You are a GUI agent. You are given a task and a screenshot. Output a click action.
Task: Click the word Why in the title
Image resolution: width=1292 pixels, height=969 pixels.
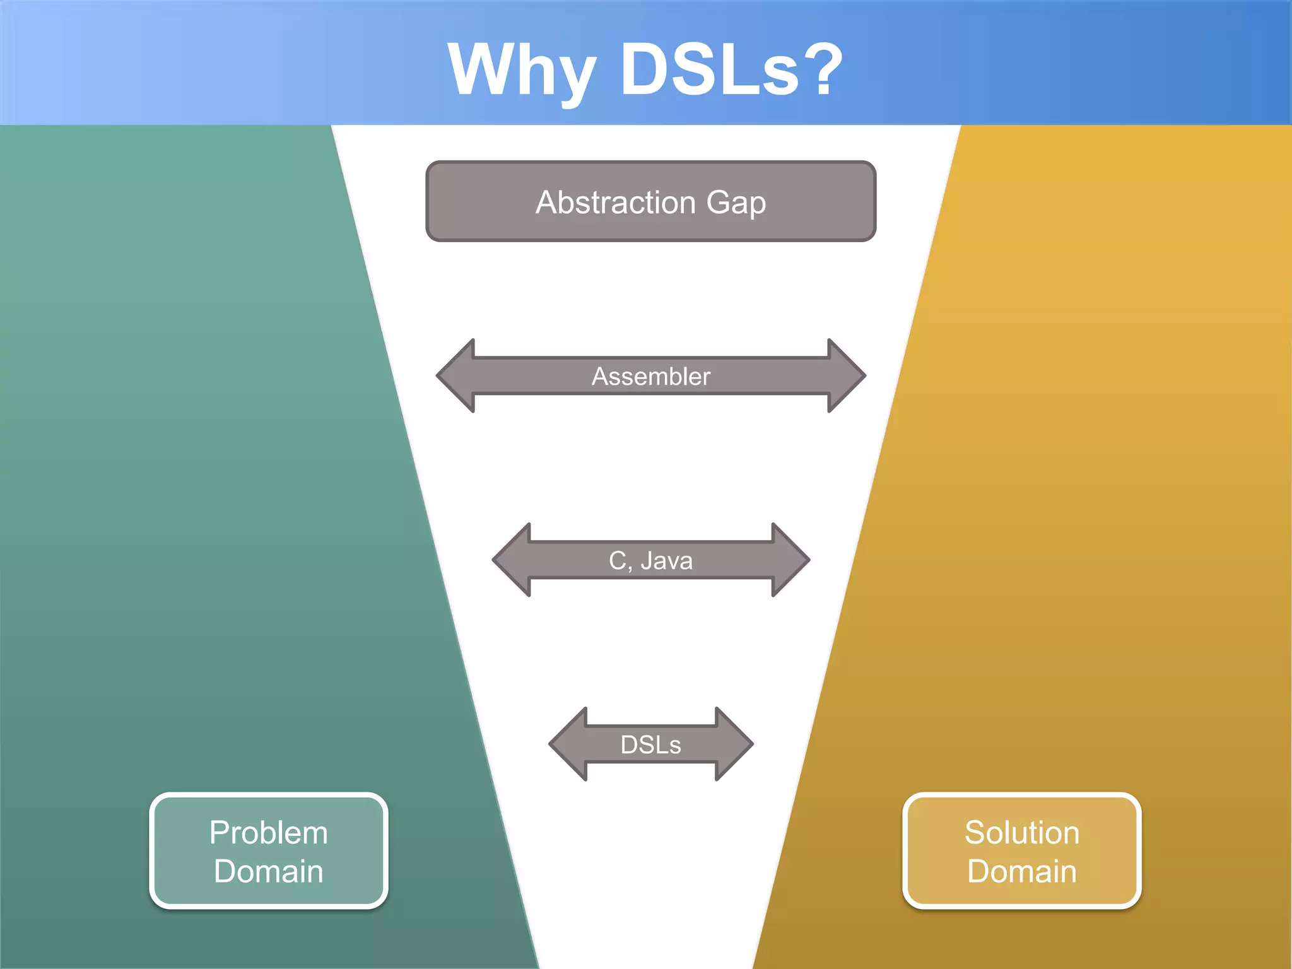click(x=521, y=69)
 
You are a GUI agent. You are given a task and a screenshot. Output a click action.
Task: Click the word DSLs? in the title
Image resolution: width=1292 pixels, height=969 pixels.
click(x=732, y=69)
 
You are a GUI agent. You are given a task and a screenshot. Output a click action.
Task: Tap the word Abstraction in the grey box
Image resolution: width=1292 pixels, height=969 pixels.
click(x=615, y=203)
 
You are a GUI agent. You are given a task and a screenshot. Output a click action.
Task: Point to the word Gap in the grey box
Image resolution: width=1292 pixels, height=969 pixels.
click(x=736, y=204)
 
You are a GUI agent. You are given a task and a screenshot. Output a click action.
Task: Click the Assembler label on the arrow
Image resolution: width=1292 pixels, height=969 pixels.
click(x=650, y=377)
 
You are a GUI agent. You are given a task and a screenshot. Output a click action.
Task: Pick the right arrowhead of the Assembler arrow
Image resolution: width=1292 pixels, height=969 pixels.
click(x=845, y=376)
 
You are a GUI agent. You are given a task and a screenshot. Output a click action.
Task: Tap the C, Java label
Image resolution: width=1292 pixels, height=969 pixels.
click(x=650, y=561)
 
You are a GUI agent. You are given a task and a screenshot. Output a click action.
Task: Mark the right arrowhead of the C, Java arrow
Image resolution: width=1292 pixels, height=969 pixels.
click(x=789, y=560)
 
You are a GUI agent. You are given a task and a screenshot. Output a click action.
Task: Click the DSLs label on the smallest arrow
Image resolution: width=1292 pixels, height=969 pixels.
click(x=650, y=745)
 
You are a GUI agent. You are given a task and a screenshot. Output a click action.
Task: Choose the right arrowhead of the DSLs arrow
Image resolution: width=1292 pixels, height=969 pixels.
click(x=733, y=744)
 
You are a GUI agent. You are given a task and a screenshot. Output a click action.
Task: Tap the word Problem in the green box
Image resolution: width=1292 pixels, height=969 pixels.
click(x=269, y=833)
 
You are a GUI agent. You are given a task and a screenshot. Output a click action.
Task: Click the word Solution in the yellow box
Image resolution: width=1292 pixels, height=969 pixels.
click(x=1022, y=833)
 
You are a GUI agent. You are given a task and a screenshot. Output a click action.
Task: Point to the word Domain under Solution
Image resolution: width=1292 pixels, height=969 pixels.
click(x=1022, y=872)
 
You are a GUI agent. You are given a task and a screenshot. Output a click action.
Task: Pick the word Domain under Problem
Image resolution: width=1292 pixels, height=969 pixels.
click(x=269, y=872)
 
